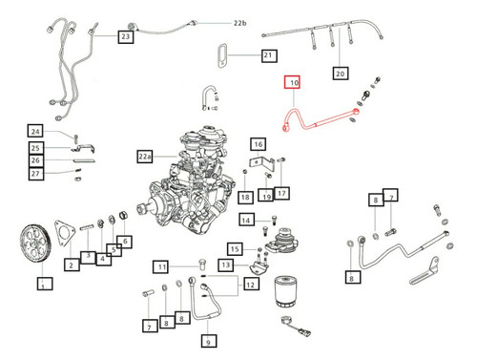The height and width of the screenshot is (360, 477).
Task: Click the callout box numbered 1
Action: pos(41,283)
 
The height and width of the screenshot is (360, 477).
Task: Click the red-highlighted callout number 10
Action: pos(293,84)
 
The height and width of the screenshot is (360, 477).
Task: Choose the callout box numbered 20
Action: pos(340,72)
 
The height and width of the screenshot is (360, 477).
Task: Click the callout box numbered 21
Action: pos(268,56)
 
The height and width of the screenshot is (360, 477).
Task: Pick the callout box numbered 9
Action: pos(208,338)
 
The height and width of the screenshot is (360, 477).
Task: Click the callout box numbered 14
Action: pos(244,221)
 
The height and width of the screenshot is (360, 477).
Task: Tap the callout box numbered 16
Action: pos(257,143)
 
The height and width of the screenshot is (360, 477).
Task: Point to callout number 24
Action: pos(35,131)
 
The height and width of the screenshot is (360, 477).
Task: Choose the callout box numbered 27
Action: pos(35,173)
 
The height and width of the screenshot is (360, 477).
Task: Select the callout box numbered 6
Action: pos(124,243)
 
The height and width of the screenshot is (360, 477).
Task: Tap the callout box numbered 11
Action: pos(163,266)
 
